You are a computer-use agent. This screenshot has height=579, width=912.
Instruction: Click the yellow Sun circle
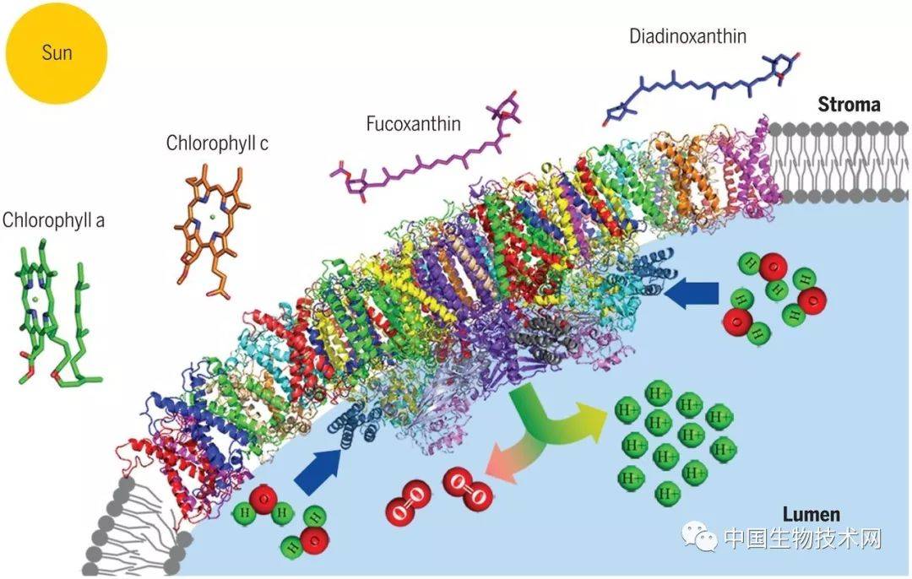pyautogui.click(x=57, y=53)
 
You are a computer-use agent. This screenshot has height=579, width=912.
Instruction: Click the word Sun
pyautogui.click(x=57, y=53)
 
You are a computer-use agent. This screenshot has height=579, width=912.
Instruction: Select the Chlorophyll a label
pyautogui.click(x=53, y=220)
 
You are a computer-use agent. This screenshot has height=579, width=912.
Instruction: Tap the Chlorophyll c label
pyautogui.click(x=217, y=143)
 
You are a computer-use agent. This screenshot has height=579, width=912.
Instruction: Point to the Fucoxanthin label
pyautogui.click(x=413, y=124)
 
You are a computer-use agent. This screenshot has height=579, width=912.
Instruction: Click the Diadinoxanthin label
pyautogui.click(x=687, y=36)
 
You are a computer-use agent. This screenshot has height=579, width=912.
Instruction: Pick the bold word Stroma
pyautogui.click(x=849, y=105)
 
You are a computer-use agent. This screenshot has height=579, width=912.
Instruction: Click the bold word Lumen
pyautogui.click(x=811, y=515)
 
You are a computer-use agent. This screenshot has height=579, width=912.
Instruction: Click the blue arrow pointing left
pyautogui.click(x=691, y=292)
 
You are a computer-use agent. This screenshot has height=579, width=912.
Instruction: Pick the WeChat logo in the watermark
pyautogui.click(x=700, y=536)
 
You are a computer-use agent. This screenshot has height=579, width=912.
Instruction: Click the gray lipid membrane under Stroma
pyautogui.click(x=838, y=161)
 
